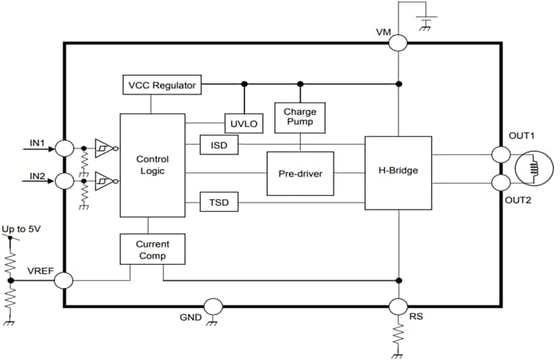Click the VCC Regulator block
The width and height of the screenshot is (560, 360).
coord(161,84)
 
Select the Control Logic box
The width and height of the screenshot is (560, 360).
coord(152,165)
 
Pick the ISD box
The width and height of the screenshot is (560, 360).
coord(218,145)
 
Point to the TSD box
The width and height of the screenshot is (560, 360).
coord(218,203)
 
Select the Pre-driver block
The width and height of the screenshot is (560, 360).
coord(300,173)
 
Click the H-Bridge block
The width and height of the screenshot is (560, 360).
coord(398,170)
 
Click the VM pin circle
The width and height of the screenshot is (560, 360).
coord(398,43)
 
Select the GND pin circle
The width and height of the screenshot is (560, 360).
coord(213,306)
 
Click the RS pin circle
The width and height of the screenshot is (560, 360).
coord(398,307)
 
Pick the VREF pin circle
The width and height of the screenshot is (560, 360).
coord(63,281)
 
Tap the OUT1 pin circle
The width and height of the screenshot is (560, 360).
coord(500,154)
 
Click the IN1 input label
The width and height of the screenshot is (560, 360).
coord(38,143)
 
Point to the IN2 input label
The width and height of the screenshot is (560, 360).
coord(38,176)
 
